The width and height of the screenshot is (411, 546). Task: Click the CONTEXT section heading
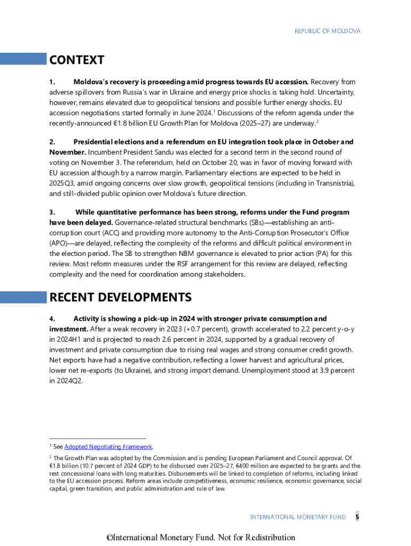point(77,60)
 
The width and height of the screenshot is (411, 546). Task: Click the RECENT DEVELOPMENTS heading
point(120,297)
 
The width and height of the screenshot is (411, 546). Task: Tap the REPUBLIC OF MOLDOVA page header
point(327,31)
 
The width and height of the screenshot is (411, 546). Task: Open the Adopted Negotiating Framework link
point(108,447)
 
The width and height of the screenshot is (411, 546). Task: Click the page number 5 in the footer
point(357,517)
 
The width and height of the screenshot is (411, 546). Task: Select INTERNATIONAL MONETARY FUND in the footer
point(298,517)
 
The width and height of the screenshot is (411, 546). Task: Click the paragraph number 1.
point(52,82)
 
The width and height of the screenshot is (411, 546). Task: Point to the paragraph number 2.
point(52,142)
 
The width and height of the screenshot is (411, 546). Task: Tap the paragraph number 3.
point(52,213)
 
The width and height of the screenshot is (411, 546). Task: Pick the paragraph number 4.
point(52,319)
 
